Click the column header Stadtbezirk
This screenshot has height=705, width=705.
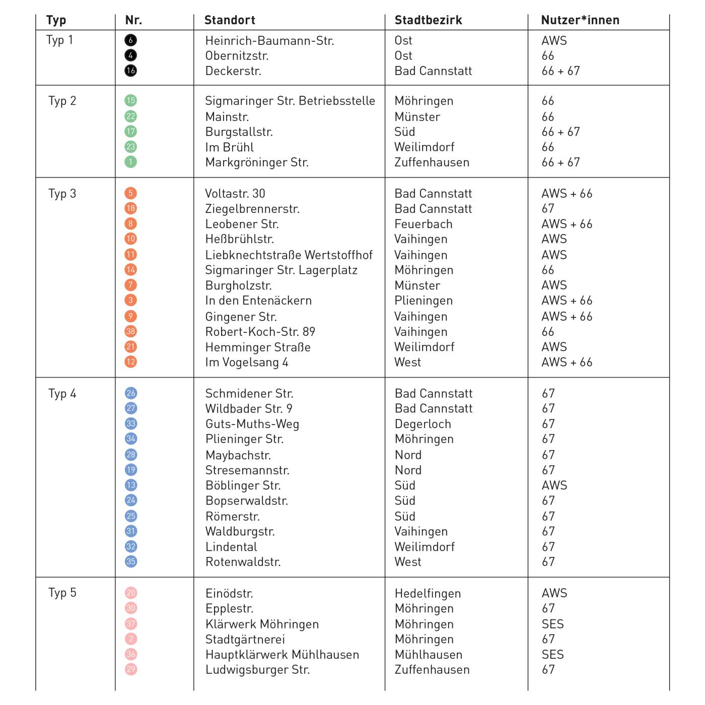coord(428,20)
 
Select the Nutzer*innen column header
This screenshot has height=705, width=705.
coord(580,20)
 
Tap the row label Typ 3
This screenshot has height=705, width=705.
coord(62,194)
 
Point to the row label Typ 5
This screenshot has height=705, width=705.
coord(62,593)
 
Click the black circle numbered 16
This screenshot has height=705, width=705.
coord(130,70)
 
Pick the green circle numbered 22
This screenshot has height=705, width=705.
coord(130,116)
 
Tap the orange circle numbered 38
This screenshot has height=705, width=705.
coord(130,331)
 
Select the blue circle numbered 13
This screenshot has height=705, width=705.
coord(131,485)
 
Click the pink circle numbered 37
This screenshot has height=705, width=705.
coord(131,624)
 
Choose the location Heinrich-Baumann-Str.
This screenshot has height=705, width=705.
coord(269,41)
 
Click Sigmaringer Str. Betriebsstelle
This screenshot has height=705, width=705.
coord(290,101)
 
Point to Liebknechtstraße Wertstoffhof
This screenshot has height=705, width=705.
coord(289,255)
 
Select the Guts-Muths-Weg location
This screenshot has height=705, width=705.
coord(252,424)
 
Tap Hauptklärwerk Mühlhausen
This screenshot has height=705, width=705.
coord(282,655)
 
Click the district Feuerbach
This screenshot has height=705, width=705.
coord(424,224)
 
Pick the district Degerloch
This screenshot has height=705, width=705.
coord(423,424)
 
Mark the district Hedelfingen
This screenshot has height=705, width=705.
coord(428,594)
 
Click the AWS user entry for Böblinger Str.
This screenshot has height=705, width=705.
coord(554,485)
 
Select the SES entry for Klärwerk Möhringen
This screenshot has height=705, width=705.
coord(552,624)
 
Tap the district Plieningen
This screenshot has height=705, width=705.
coord(424,301)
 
